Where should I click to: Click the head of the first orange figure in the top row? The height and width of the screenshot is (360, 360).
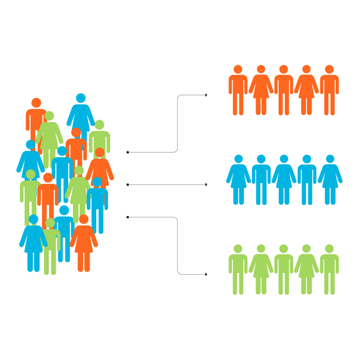click(238, 69)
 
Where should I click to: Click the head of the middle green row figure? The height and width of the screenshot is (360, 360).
click(284, 249)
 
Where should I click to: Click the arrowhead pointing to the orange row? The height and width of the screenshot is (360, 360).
click(206, 95)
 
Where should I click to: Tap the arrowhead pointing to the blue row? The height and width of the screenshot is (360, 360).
click(206, 185)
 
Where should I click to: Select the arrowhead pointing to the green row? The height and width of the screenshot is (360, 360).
click(206, 274)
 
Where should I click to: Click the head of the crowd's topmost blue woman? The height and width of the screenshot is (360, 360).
click(81, 98)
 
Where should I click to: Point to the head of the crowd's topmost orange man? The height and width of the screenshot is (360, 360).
click(36, 103)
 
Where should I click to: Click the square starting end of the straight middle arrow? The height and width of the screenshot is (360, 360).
click(127, 184)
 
